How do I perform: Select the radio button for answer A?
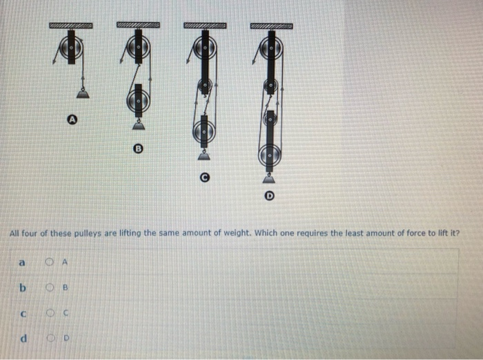[x=50, y=261]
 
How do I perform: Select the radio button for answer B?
[x=50, y=288]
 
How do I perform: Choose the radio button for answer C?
[x=50, y=313]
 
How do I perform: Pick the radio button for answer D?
[x=50, y=339]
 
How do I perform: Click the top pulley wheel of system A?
[x=72, y=49]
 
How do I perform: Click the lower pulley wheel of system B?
[x=139, y=100]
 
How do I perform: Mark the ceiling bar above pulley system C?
[x=205, y=26]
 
